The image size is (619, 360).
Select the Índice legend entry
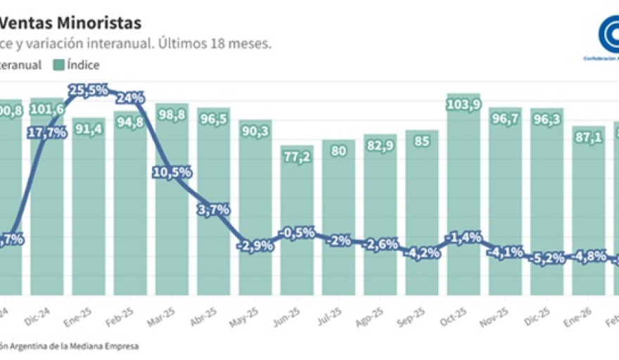click(x=77, y=65)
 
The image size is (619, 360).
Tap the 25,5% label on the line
click(x=88, y=90)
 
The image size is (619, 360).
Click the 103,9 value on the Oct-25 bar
click(x=464, y=105)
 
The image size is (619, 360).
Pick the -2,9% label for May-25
click(x=255, y=247)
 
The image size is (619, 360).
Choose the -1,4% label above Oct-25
click(x=464, y=238)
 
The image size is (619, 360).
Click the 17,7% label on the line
click(x=47, y=133)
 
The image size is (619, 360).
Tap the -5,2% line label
click(x=547, y=258)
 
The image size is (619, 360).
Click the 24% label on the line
click(x=131, y=98)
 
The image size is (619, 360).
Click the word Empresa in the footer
click(x=119, y=346)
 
